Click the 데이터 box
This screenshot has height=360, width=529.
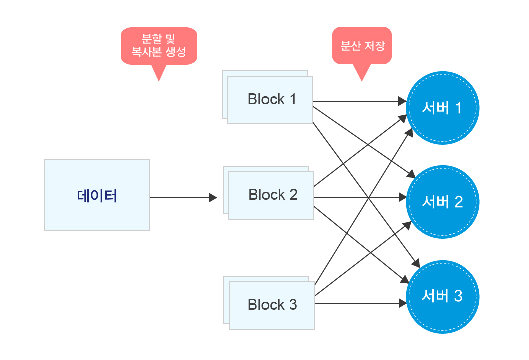coord(97,195)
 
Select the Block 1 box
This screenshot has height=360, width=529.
coord(270,100)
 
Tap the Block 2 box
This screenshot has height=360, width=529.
coord(271,195)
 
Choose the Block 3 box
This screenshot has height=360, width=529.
coord(271,305)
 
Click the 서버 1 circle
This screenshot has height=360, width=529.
coord(442,108)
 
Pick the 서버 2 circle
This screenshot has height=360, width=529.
coord(442,202)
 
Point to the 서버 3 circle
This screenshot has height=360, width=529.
coord(442,296)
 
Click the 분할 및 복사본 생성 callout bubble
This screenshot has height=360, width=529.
coord(159,46)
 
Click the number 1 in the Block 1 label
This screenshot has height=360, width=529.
coord(292,99)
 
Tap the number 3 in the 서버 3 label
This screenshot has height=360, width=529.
coord(458,296)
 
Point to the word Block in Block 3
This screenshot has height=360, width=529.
coord(266,305)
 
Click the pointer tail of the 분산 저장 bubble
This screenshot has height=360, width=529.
coord(361,73)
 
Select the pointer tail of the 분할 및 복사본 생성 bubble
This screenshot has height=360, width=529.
coord(158,73)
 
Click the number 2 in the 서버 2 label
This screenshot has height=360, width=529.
coord(458,202)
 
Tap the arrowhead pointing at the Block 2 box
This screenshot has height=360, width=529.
coord(213,198)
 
